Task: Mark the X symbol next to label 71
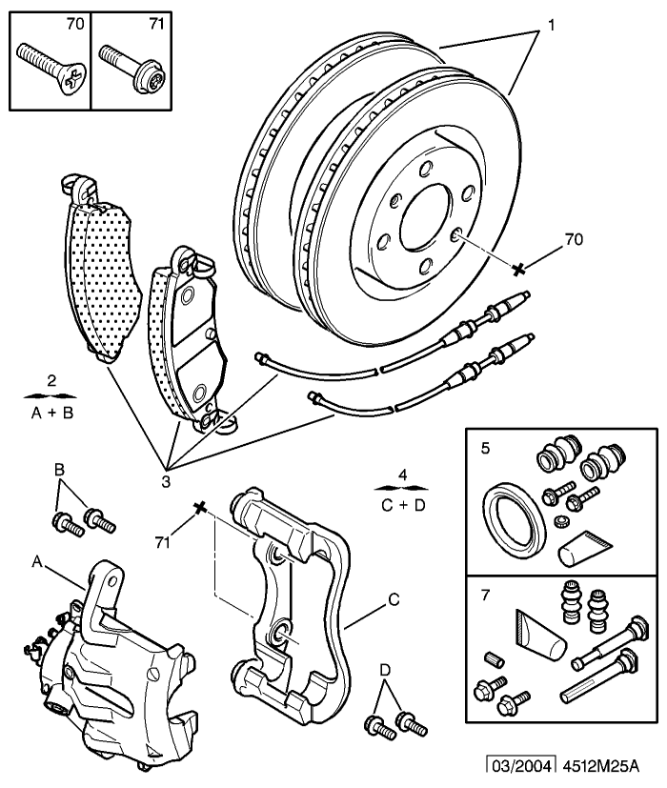click(x=200, y=506)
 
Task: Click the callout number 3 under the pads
click(x=165, y=482)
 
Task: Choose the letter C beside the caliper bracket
click(x=392, y=600)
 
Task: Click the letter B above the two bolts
click(x=59, y=471)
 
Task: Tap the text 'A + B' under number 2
click(x=51, y=413)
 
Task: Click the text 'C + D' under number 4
click(x=404, y=504)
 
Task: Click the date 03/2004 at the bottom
click(x=518, y=766)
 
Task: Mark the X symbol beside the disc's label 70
click(x=519, y=270)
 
